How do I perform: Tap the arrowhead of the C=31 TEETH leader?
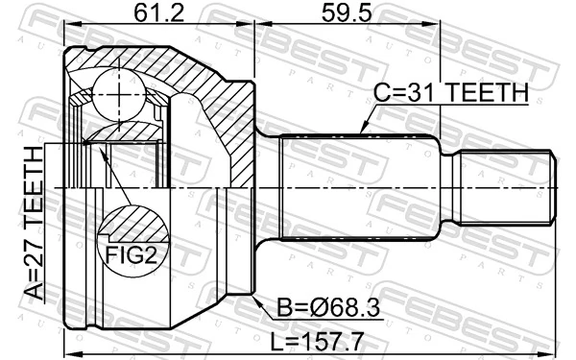[362, 132]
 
